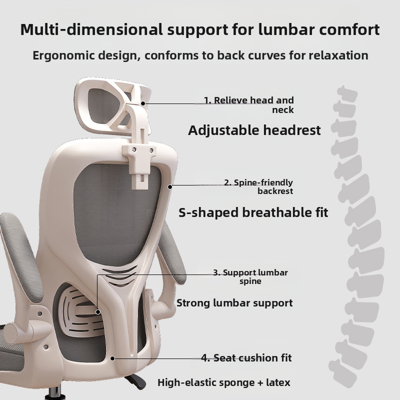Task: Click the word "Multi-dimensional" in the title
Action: [91, 29]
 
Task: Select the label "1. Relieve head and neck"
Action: [248, 105]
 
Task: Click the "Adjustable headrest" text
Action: [254, 130]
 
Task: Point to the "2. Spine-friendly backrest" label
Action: [258, 186]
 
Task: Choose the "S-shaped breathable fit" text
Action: [253, 212]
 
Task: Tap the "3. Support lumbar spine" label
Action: [250, 277]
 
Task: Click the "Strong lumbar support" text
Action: [234, 303]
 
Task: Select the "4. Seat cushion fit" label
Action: [246, 358]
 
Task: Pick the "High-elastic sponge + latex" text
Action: [224, 382]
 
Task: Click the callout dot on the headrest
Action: [143, 103]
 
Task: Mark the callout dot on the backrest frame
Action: [170, 186]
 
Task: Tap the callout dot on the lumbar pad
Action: [98, 311]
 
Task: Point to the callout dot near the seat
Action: [112, 358]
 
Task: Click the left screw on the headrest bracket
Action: [134, 149]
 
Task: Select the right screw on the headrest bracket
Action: [151, 150]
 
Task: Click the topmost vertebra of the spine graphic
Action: [347, 94]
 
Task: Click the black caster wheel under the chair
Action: [136, 382]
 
